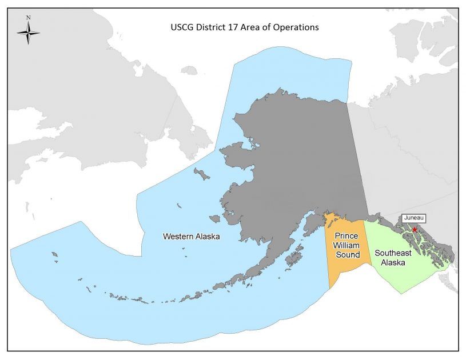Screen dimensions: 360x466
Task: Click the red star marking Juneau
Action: pos(415,230)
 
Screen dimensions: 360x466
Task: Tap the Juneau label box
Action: pos(414,218)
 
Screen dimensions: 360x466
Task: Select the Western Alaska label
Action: pos(191,236)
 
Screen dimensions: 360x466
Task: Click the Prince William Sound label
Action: pos(347,245)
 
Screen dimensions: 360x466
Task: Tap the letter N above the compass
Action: pos(28,18)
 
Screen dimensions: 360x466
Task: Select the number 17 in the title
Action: pos(237,27)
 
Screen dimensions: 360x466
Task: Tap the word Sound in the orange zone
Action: pos(347,254)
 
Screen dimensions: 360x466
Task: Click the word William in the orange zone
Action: pos(347,245)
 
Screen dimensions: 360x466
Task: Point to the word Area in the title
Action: pos(253,27)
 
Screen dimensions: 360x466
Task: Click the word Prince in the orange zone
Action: pos(346,236)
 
